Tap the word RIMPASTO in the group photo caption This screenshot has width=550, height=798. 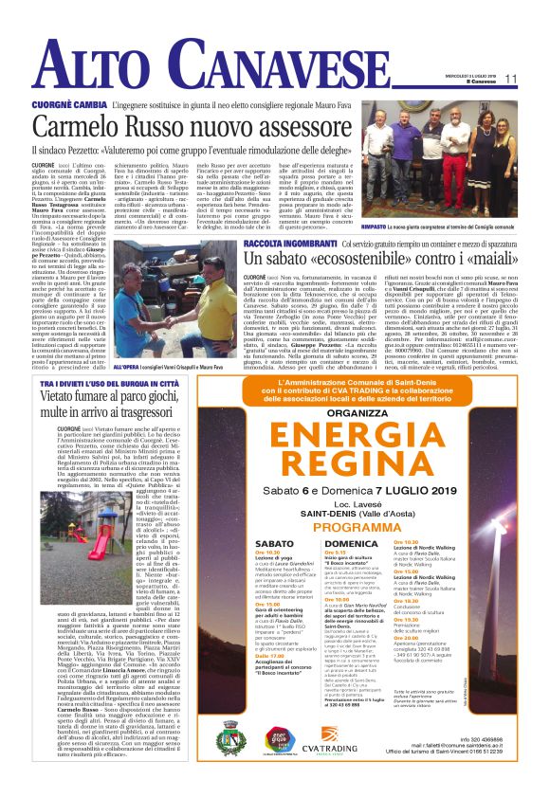point(376,226)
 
